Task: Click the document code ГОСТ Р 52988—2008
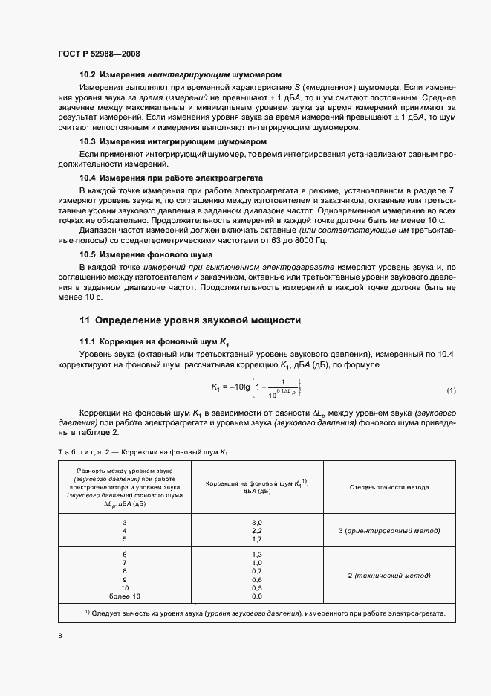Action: pos(99,54)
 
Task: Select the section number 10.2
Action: pos(88,75)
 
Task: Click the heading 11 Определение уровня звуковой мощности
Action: pos(189,321)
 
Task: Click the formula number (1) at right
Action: pos(451,391)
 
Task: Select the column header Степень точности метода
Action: pos(388,487)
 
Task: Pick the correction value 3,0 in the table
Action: pos(257,523)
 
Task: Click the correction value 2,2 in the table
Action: pos(257,531)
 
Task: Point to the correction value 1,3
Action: pos(257,555)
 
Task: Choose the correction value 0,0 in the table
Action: pos(257,596)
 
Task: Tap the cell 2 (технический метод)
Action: pos(388,576)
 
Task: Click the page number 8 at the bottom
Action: pos(60,637)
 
